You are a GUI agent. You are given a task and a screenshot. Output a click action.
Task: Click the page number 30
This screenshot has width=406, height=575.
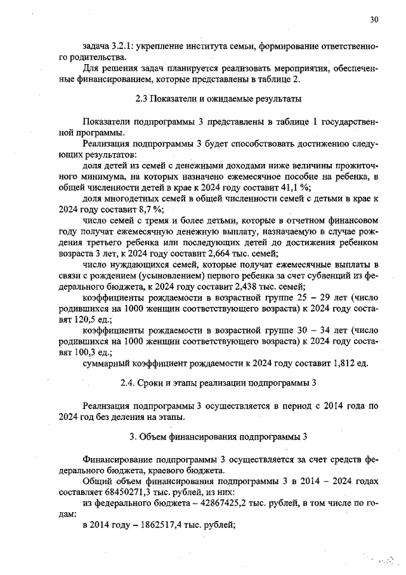point(374,20)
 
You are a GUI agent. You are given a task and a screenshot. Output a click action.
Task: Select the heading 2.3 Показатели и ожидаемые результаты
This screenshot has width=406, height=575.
point(218,100)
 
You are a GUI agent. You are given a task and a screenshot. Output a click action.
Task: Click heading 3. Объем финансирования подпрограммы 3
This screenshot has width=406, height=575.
point(218,437)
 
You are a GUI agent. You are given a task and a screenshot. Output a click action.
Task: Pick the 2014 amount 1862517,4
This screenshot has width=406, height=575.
point(147,525)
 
